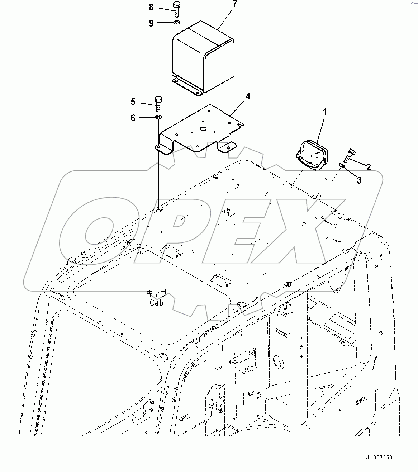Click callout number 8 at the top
click(151, 7)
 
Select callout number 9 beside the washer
click(151, 23)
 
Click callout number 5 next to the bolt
click(133, 102)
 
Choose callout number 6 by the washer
click(133, 118)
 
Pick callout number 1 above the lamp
click(324, 112)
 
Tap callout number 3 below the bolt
click(359, 180)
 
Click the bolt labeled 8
click(177, 9)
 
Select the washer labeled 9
click(177, 23)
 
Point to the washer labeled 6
click(158, 117)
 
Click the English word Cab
click(157, 302)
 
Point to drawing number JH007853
click(379, 457)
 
